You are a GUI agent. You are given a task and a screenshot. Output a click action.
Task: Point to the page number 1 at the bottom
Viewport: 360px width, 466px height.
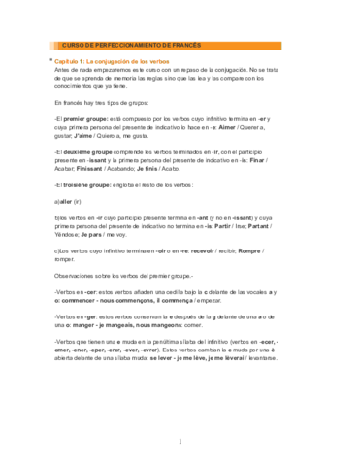[x=180, y=443]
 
